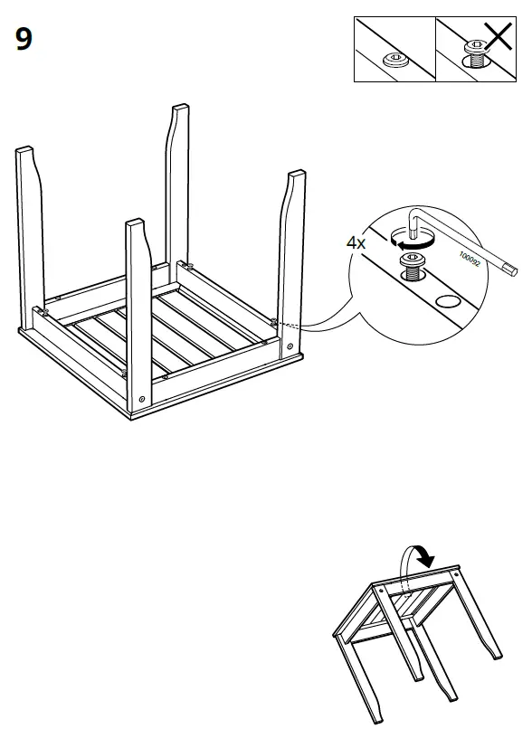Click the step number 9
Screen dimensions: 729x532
coord(24,40)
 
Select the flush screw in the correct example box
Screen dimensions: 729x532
coord(394,60)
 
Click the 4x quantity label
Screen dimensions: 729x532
coord(357,242)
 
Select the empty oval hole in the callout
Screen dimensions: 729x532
coord(448,301)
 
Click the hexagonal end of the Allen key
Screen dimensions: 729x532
coord(514,269)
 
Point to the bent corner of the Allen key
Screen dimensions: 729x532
coord(414,213)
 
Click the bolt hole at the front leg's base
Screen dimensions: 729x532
coord(142,401)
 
